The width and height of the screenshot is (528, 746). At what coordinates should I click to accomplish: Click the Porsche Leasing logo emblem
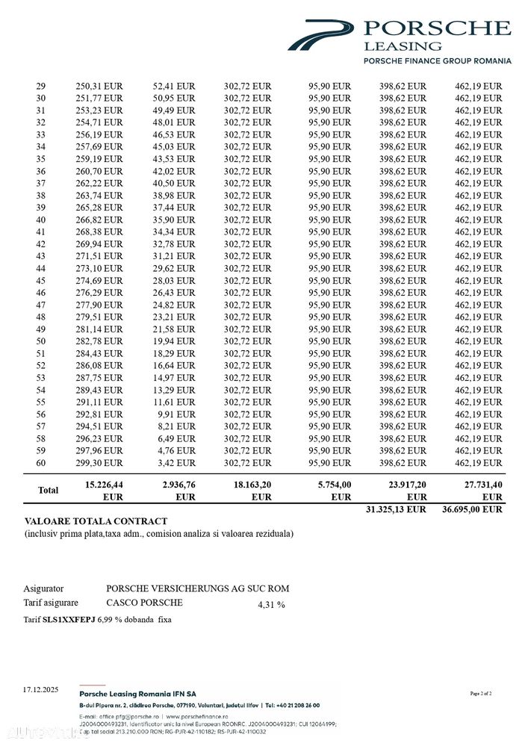point(321,34)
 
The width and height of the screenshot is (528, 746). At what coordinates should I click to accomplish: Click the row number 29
point(41,86)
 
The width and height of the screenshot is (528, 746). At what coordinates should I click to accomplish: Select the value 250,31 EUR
point(99,86)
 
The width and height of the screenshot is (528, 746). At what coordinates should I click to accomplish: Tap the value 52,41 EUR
point(174,86)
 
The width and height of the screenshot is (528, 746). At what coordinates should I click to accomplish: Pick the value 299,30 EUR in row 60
point(99,463)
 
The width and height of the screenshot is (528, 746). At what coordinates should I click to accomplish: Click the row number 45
point(41,280)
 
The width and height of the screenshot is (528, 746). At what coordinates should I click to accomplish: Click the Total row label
point(49,491)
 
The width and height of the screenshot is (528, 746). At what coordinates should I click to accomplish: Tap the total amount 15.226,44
point(99,485)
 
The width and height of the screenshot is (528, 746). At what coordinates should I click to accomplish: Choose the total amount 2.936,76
point(174,485)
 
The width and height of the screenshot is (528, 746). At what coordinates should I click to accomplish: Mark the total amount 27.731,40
point(479,485)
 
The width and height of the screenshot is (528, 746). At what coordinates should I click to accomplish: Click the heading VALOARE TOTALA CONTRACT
point(96,521)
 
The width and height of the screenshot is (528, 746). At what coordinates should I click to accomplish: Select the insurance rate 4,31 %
point(271,605)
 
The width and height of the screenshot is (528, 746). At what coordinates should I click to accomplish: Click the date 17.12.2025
point(40,689)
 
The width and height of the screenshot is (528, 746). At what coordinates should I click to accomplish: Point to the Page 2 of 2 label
point(481,694)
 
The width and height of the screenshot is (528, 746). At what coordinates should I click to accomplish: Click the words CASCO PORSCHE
point(144,603)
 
